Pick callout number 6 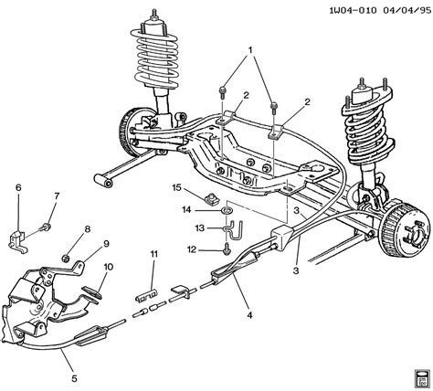point(17,188)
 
